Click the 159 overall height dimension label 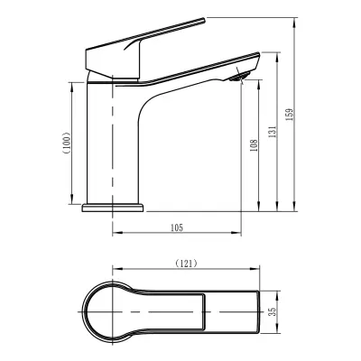point(290,115)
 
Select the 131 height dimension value point(272,132)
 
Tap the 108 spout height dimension point(255,145)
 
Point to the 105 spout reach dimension point(177,227)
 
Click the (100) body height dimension point(67,143)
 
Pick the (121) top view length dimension point(186,264)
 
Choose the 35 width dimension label point(273,312)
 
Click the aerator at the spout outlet point(239,77)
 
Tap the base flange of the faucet point(113,208)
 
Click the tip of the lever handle point(204,20)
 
